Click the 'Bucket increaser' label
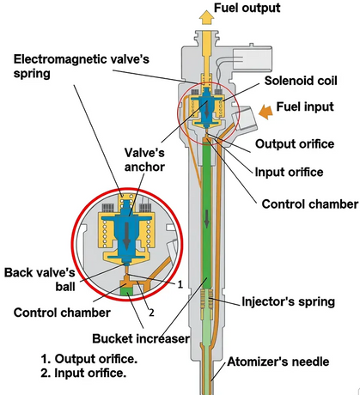pyautogui.click(x=141, y=338)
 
